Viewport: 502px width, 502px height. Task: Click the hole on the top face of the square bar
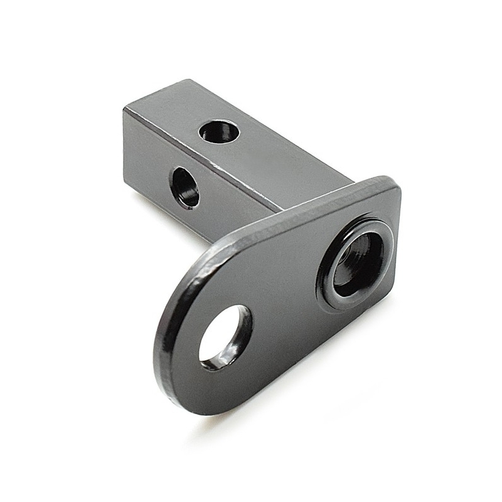click(220, 131)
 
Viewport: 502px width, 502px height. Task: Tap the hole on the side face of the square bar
click(184, 187)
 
